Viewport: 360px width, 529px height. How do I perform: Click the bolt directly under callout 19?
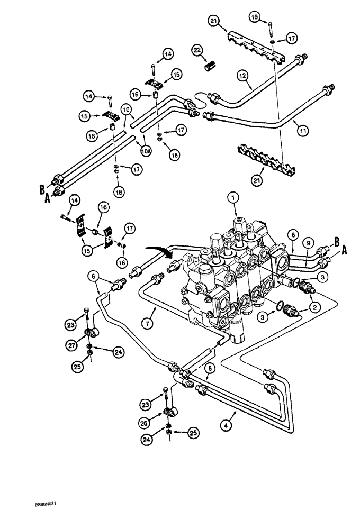(x=271, y=29)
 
